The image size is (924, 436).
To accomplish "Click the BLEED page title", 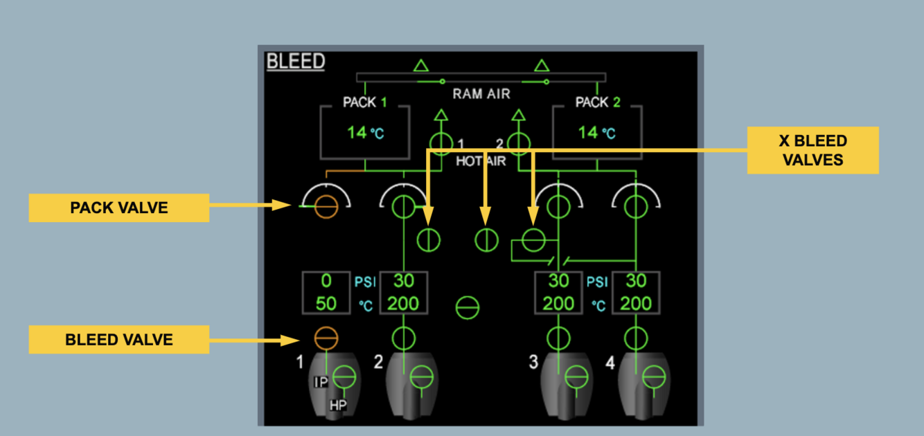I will click(296, 62).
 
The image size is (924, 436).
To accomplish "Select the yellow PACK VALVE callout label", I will click(118, 208).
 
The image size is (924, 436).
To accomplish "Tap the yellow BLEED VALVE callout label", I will click(118, 340).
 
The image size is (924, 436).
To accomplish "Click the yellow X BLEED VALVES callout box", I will click(812, 150).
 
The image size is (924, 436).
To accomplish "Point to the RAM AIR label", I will click(481, 94).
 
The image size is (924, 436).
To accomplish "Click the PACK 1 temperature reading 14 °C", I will click(365, 132).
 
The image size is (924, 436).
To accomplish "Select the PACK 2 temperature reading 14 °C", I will click(596, 132).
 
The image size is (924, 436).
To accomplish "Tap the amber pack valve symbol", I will click(326, 206).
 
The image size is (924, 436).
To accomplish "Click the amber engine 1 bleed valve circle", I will click(326, 338).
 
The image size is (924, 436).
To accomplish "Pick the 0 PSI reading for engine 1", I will click(326, 282).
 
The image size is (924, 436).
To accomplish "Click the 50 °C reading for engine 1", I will click(326, 303).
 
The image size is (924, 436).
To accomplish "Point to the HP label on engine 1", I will click(338, 406).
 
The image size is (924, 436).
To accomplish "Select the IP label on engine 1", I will click(321, 382).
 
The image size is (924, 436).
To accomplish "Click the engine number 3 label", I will click(534, 362).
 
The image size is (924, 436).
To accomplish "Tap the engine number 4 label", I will click(610, 362).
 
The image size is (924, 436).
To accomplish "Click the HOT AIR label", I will click(481, 161).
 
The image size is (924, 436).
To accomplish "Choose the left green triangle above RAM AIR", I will click(421, 66).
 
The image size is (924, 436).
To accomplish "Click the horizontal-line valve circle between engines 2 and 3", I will click(468, 308).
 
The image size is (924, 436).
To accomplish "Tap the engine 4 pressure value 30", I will click(636, 282).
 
